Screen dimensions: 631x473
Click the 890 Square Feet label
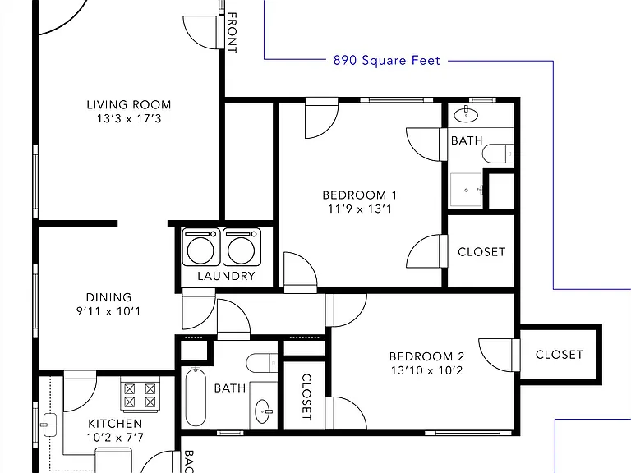coord(387,60)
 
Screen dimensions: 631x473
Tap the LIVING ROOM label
coord(129,104)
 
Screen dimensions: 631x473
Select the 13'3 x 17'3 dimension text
coord(129,118)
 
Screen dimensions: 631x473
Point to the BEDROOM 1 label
coord(360,195)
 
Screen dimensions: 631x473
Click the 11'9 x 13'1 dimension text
coord(360,209)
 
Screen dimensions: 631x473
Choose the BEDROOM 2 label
coord(427,356)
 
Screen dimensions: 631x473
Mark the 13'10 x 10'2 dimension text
coord(427,370)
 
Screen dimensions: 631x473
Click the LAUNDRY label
coord(226,276)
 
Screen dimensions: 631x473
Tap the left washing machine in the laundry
coord(201,247)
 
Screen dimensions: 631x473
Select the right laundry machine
coord(242,247)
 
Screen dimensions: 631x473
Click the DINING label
coord(108,297)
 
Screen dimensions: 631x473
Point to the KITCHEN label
coord(115,424)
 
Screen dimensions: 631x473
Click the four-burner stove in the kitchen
coord(140,394)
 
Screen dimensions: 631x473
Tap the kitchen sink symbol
coord(49,425)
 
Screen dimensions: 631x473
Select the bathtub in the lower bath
coord(196,397)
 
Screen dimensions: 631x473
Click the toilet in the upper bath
coord(498,154)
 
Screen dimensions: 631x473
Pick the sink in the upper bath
coord(466,115)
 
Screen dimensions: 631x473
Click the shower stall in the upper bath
coord(466,190)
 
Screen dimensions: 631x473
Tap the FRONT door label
coord(233,33)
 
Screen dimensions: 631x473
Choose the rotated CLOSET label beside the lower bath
coord(306,397)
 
